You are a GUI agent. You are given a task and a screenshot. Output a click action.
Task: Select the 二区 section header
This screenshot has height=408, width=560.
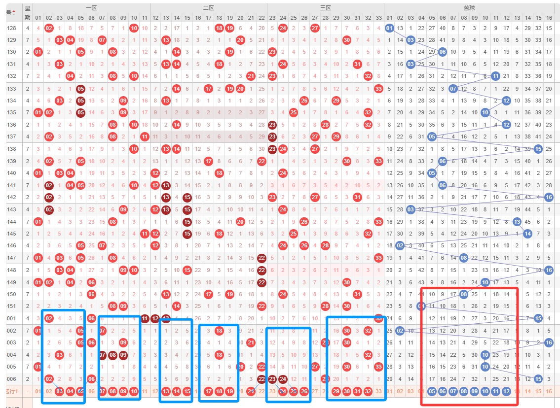point(208,8)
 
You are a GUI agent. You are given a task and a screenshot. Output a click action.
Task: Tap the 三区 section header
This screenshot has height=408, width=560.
point(325,8)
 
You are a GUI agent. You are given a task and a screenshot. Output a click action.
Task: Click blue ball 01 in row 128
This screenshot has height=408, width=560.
point(389,28)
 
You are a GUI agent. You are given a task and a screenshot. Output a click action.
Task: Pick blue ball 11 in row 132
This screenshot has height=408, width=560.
point(495,76)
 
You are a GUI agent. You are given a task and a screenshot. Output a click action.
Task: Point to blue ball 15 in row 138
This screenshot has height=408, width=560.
point(538,148)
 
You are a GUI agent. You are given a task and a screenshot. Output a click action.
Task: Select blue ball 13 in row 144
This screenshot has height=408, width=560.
point(517,222)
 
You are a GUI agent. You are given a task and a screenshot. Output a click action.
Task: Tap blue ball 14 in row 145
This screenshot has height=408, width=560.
point(527,234)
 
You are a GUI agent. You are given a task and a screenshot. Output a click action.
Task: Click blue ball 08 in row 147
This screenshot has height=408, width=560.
point(464,257)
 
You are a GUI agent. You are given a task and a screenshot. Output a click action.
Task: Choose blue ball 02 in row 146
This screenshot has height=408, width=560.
point(400,245)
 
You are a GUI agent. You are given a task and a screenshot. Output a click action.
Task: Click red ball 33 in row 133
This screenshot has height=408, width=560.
point(378,89)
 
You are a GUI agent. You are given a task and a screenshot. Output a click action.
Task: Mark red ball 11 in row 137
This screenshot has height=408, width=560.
point(144,136)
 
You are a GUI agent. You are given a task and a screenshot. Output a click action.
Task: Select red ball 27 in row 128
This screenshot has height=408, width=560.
point(315,28)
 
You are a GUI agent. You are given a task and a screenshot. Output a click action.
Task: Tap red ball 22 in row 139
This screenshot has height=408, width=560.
point(261,161)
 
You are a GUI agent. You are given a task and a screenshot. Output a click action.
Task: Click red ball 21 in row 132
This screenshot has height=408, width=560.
point(251,76)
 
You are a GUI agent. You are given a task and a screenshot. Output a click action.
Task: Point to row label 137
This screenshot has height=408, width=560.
point(11,136)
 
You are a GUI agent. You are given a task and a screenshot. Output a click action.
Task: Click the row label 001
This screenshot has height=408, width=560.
point(11,318)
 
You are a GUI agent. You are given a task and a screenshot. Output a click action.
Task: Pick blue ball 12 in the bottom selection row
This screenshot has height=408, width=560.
point(506,392)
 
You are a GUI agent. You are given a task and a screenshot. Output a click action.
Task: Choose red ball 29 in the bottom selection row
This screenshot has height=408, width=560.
point(336,392)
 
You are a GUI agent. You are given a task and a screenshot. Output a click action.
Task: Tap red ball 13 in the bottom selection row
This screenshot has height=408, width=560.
point(166,392)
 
